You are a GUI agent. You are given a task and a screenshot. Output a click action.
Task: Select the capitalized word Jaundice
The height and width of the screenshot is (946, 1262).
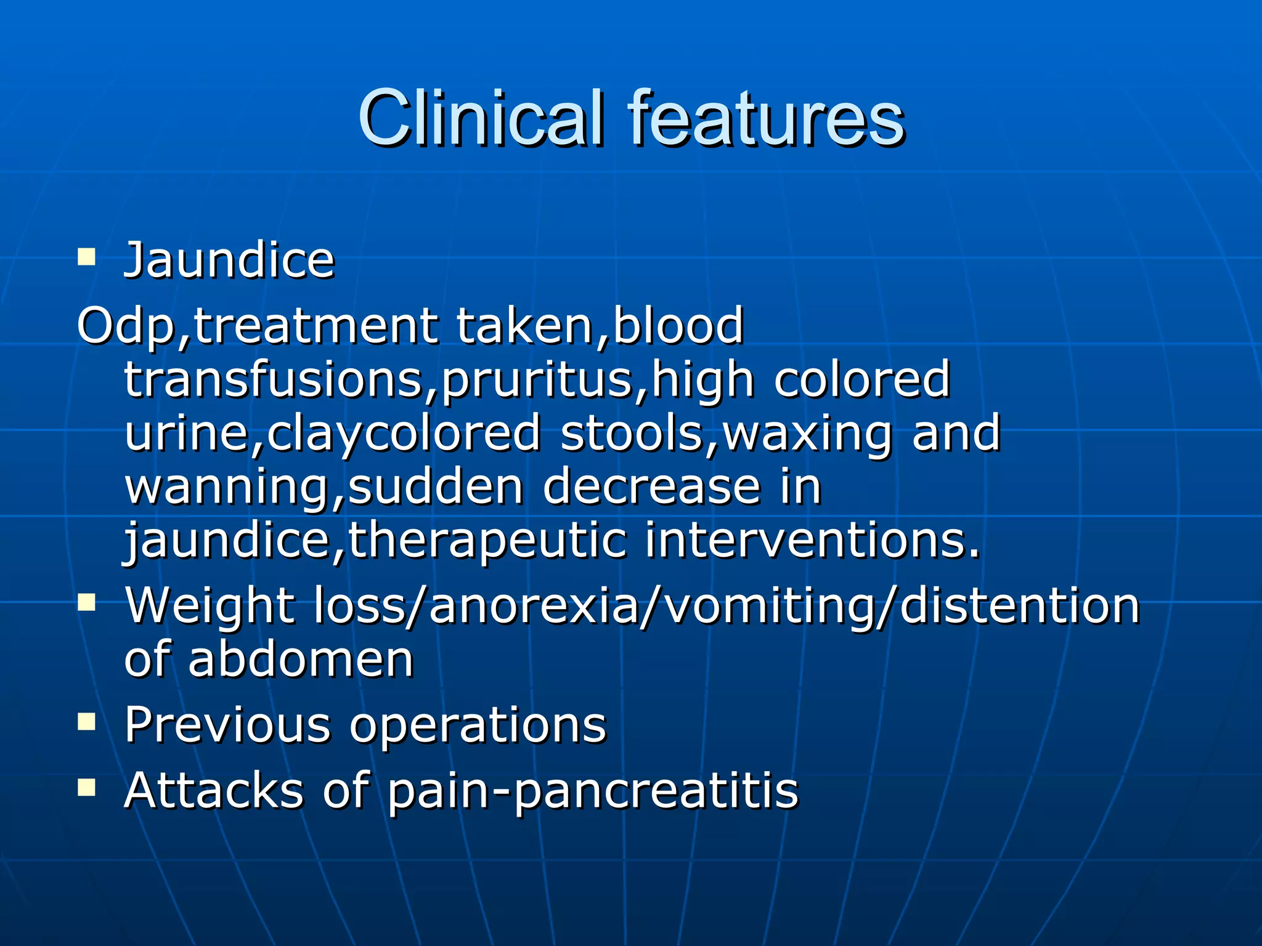click(229, 261)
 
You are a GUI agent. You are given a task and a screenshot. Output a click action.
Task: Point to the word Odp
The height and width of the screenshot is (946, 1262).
click(126, 326)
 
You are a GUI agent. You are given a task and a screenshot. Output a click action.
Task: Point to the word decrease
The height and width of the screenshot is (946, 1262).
click(652, 487)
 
